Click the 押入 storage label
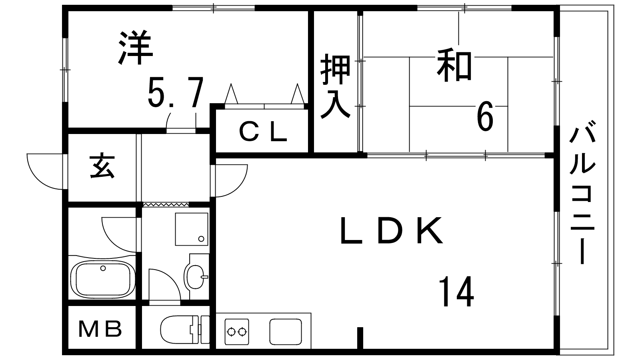[x=336, y=86]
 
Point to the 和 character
[x=454, y=64]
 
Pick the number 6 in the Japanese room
[x=485, y=117]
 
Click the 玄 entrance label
[x=102, y=167]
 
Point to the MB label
[x=100, y=330]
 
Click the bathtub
[x=103, y=279]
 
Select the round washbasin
[x=196, y=276]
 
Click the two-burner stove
[x=237, y=331]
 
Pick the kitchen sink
[x=286, y=331]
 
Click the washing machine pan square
[x=192, y=229]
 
